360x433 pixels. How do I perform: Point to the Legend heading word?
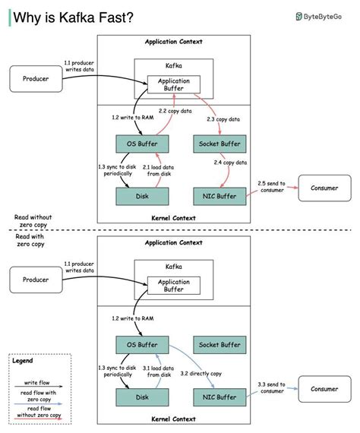[x=23, y=361]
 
